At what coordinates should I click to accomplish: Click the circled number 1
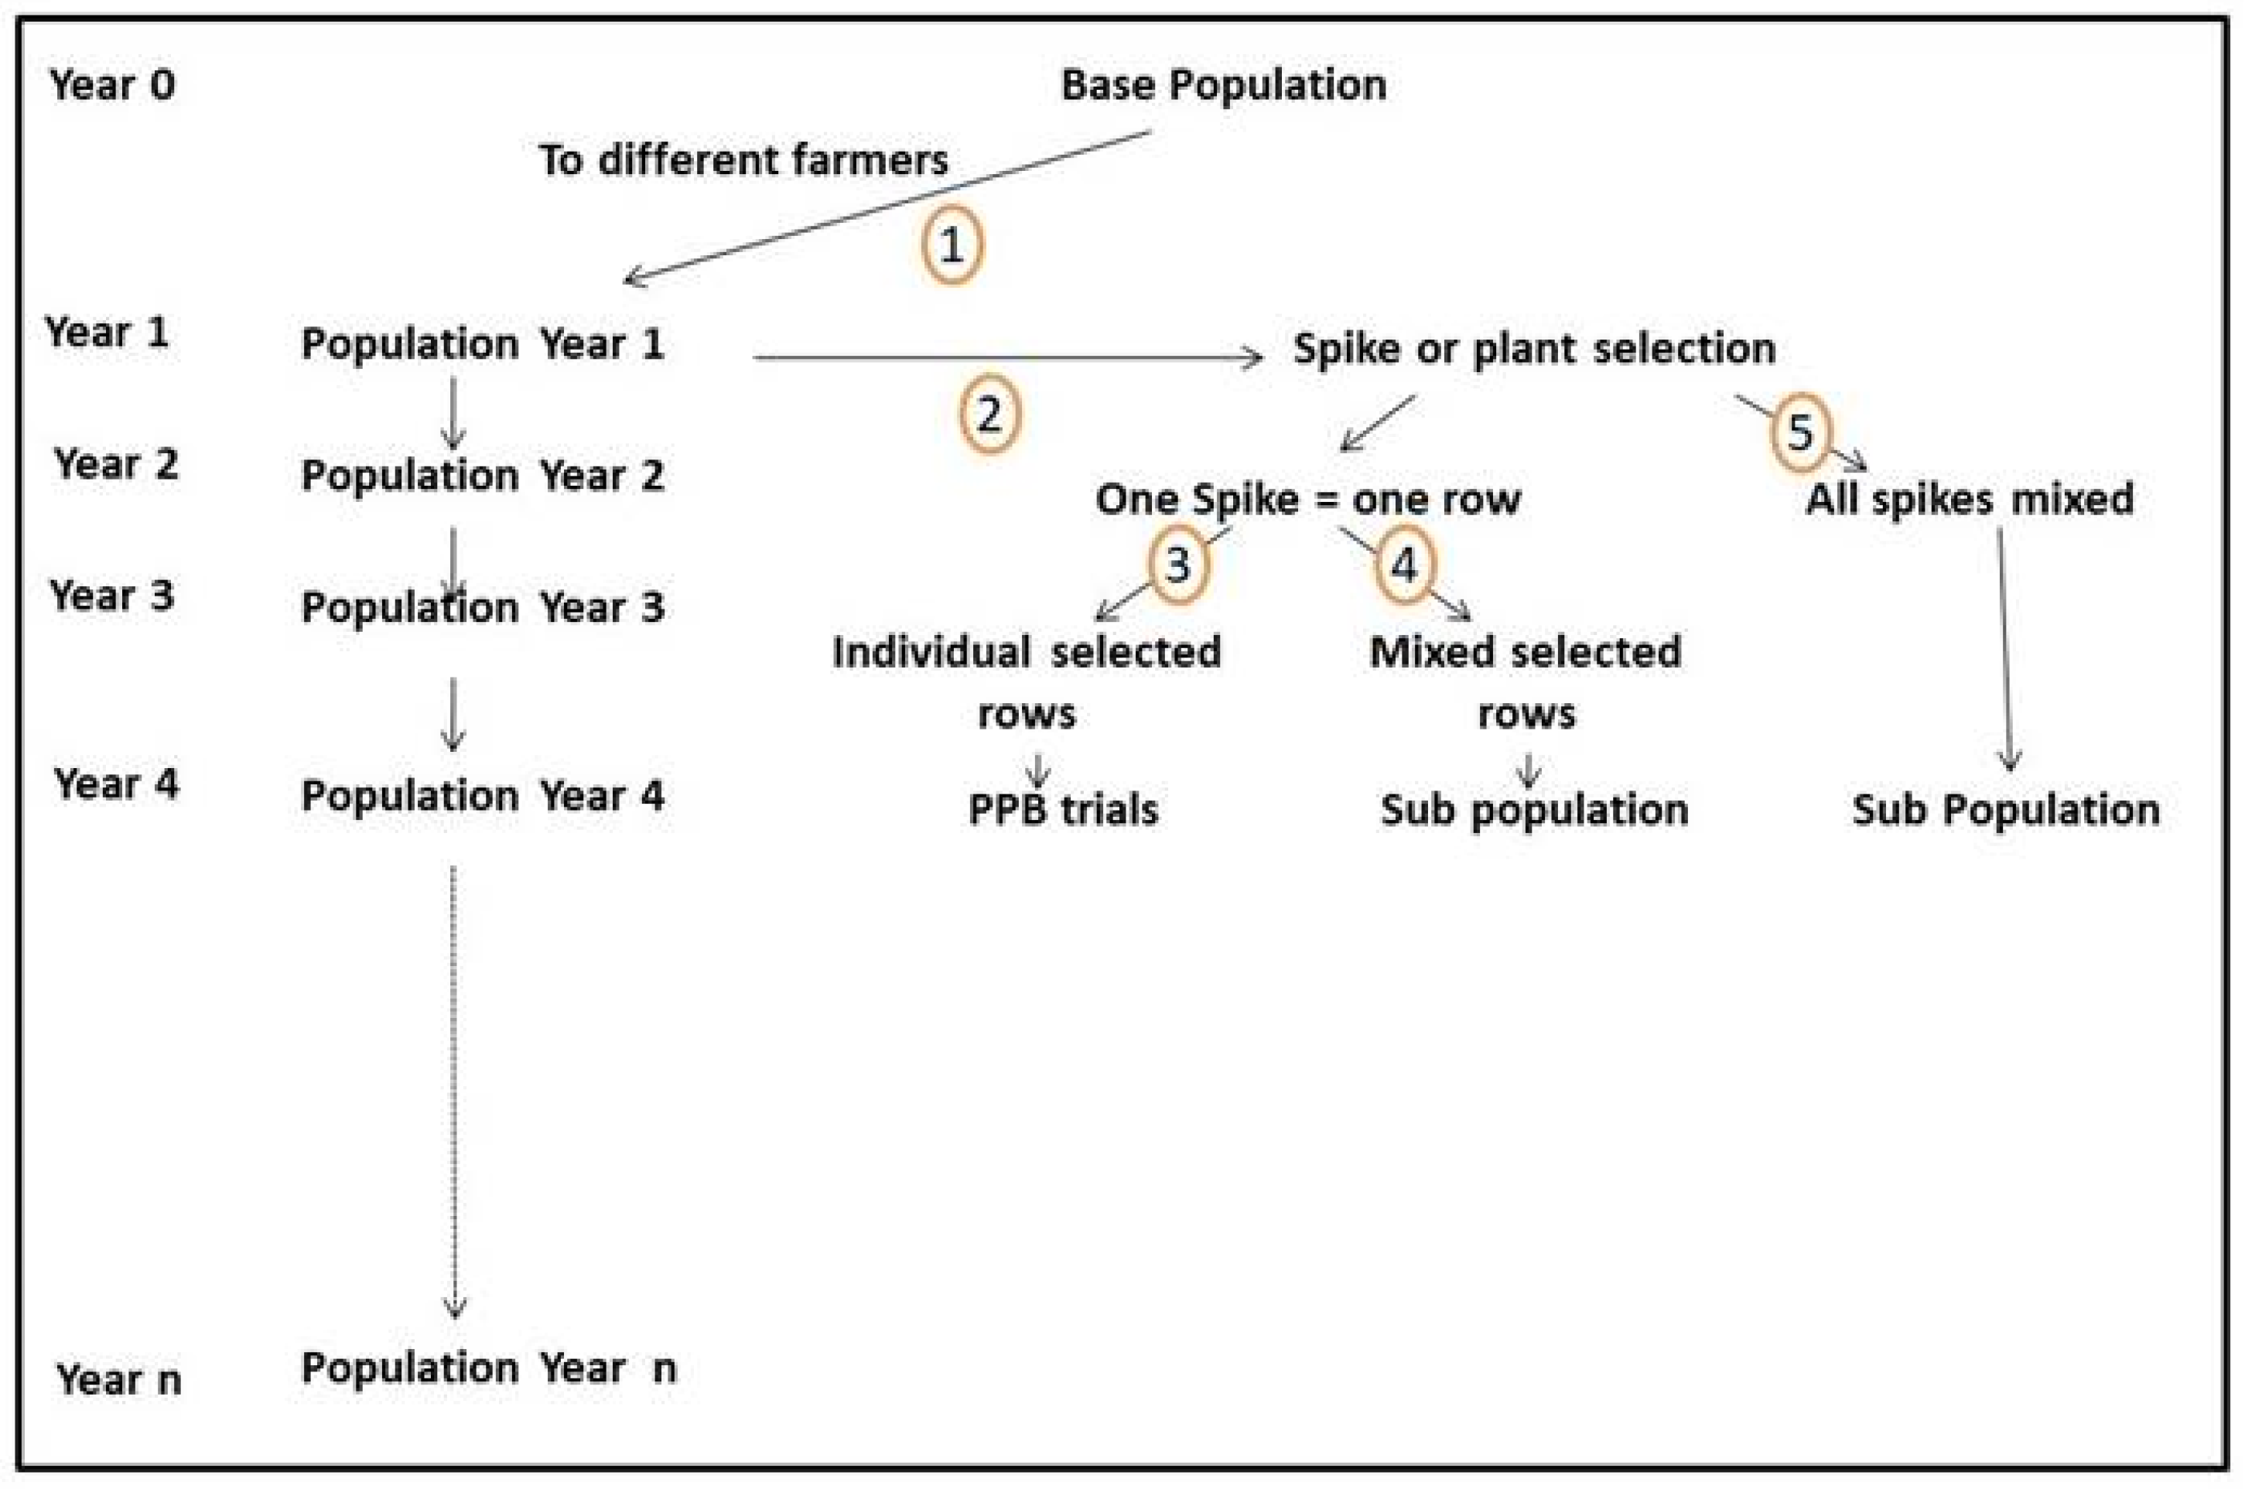click(x=952, y=246)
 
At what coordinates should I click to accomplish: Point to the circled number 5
click(x=1799, y=433)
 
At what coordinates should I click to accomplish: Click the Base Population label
click(x=1223, y=85)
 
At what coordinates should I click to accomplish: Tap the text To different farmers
click(x=743, y=159)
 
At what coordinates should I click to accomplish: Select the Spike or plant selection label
click(x=1534, y=350)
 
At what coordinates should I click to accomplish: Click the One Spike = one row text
click(x=1307, y=500)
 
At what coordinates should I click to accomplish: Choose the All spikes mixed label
click(x=1969, y=499)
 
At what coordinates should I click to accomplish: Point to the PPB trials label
click(x=1063, y=810)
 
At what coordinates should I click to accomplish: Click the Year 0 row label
click(x=112, y=85)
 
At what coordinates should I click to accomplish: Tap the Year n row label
click(x=118, y=1380)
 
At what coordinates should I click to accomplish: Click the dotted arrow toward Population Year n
click(x=454, y=1092)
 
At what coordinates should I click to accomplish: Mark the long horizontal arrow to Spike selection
click(x=1006, y=358)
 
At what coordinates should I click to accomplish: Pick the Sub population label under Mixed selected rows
click(x=1534, y=810)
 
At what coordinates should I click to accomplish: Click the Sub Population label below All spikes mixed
click(x=2004, y=810)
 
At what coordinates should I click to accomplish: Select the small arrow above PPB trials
click(x=1038, y=770)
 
